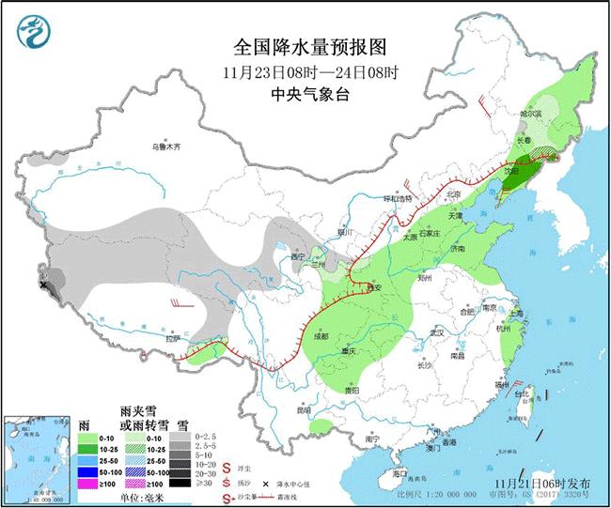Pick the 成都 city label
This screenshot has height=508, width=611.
click(322, 337)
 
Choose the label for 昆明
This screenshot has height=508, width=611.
click(303, 410)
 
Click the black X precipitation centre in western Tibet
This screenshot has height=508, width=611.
click(43, 284)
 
